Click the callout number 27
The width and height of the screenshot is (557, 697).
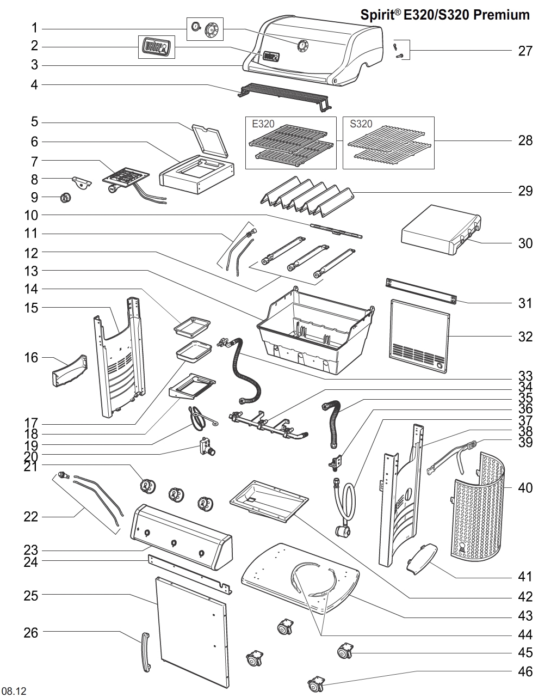click(525, 51)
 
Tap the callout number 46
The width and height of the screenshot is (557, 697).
click(525, 672)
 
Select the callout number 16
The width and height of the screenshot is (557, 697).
click(31, 358)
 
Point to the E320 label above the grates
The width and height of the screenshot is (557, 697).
click(263, 124)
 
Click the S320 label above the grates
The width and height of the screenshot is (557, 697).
click(361, 124)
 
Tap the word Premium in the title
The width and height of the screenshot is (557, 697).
click(502, 15)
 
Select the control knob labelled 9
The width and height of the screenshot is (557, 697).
click(65, 198)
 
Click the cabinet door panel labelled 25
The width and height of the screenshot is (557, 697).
click(191, 632)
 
